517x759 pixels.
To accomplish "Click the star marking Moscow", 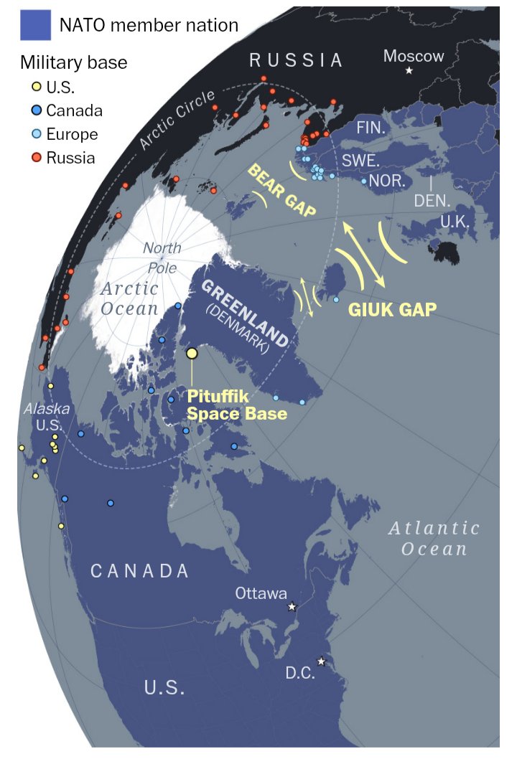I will point(409,70).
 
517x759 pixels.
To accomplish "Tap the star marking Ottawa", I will point(292,607).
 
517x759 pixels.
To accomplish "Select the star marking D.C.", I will point(321,661).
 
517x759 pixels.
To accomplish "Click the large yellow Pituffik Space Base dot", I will point(192,353).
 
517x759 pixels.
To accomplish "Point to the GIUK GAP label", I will point(392,309).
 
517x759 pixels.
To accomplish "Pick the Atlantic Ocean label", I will point(434,539).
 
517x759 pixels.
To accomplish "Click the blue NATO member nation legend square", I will point(34,25).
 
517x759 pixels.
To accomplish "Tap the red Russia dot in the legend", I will point(34,158).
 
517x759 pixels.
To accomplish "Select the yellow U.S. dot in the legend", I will point(34,88).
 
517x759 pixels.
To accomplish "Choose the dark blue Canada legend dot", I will point(34,111).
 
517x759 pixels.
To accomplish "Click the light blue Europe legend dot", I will point(34,134).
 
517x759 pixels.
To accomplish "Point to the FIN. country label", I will point(371,129).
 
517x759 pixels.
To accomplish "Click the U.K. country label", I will point(454,222).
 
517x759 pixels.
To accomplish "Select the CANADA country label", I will point(140,571).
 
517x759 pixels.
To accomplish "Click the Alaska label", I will point(47,409).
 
